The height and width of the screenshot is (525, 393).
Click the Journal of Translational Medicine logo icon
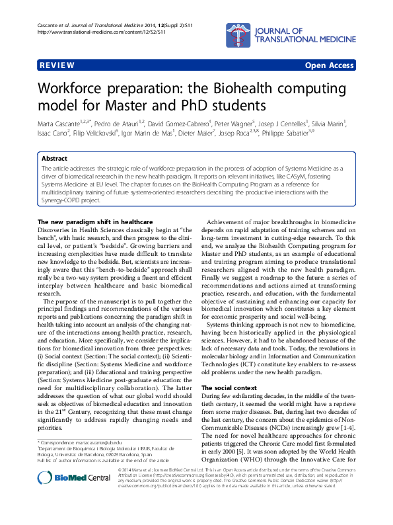(x=236, y=30)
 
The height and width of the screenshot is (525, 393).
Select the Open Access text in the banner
(x=330, y=65)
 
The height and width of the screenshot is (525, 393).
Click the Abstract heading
(x=54, y=159)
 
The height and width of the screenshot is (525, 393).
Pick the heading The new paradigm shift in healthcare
(x=96, y=221)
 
